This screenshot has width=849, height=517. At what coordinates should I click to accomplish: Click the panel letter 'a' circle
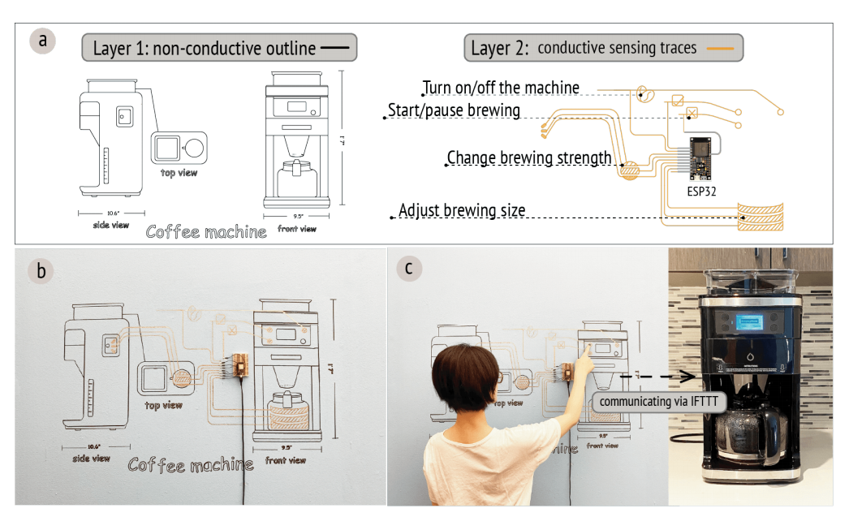coord(41,41)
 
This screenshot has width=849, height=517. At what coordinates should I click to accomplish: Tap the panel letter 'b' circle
coord(41,271)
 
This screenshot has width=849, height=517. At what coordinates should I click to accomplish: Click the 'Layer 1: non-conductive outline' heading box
coord(219,49)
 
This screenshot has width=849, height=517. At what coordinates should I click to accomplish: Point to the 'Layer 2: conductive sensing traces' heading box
coord(603,49)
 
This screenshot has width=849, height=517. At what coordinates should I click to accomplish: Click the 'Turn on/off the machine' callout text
coord(501,88)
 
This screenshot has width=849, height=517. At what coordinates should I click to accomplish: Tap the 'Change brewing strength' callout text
coord(529,157)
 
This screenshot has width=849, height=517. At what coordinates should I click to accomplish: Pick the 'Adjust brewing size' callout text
coord(462,211)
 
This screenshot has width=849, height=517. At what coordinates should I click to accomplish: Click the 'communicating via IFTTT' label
coord(657,401)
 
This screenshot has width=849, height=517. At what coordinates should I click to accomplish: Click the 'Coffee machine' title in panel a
coord(206,231)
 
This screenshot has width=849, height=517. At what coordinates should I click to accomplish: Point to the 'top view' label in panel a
coord(179,172)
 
